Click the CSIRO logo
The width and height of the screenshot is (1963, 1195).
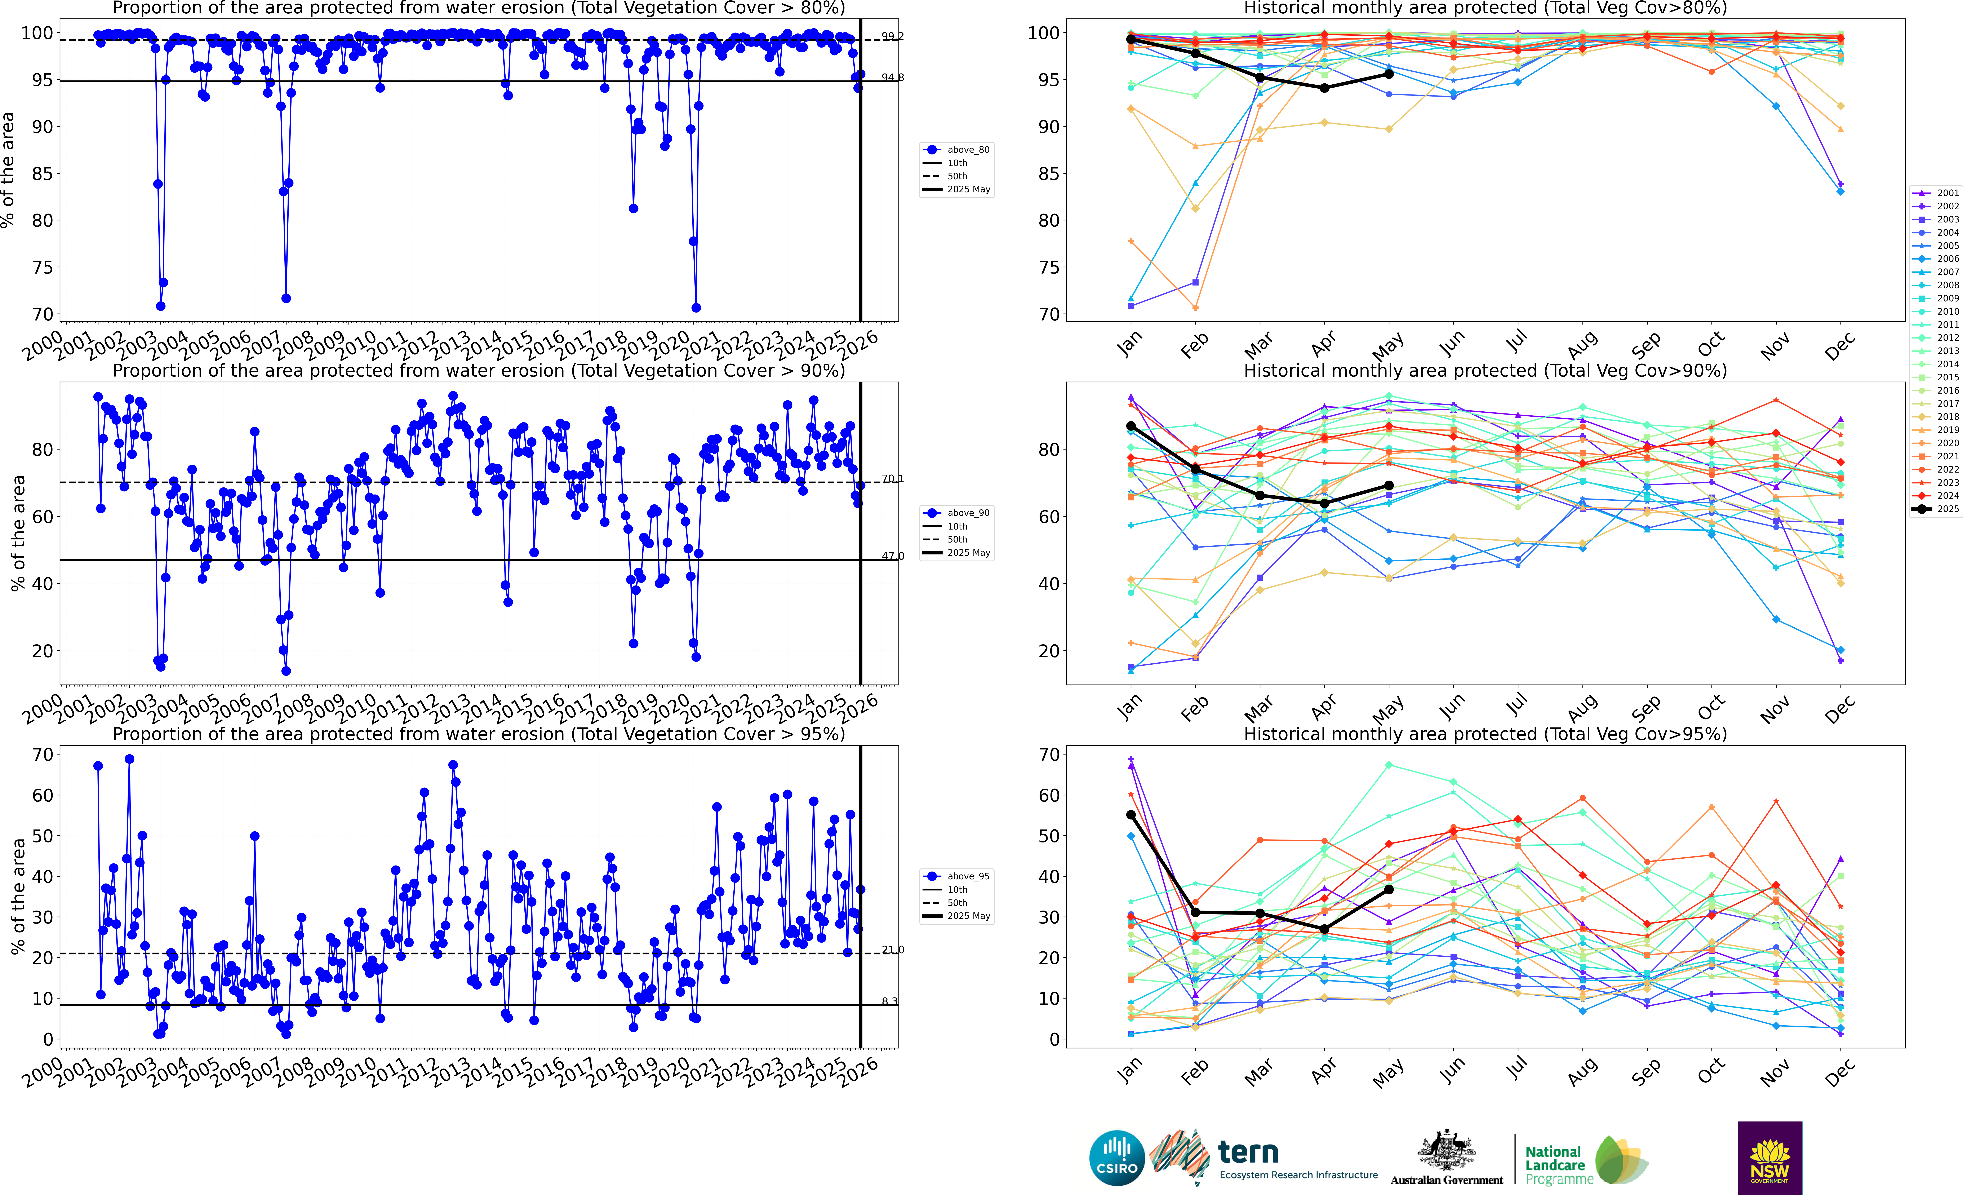(x=1117, y=1158)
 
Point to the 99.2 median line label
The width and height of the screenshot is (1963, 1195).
(x=892, y=37)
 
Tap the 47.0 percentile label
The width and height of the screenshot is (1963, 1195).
(x=892, y=556)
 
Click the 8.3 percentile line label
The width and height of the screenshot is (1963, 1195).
(x=889, y=1001)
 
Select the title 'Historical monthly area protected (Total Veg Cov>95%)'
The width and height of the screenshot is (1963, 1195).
(x=1485, y=734)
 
